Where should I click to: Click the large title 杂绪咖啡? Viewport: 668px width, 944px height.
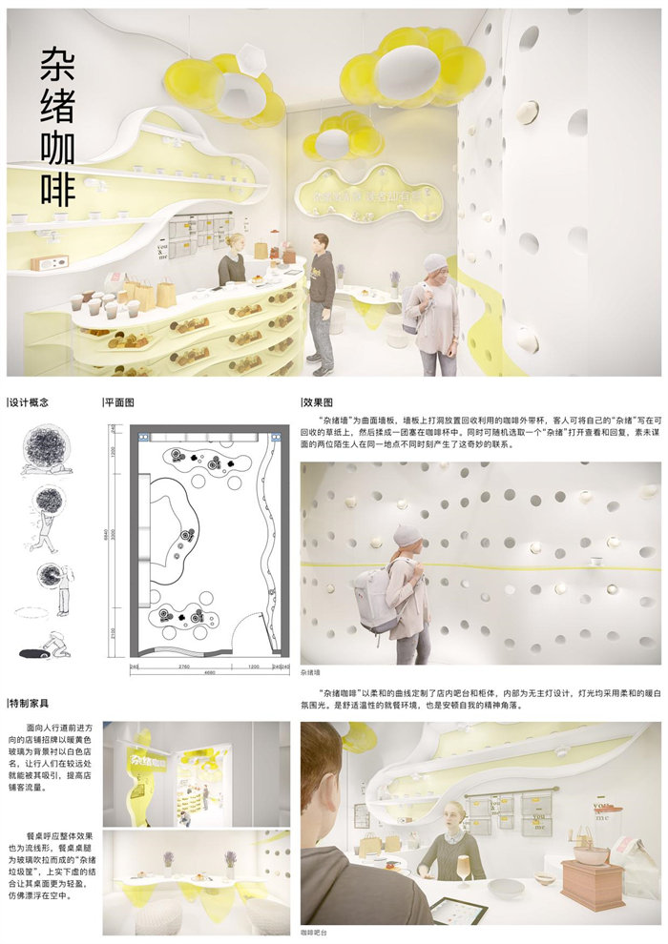coord(58,128)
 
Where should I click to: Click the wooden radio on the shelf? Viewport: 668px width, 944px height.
coord(45,263)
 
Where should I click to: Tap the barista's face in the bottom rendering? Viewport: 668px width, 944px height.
coord(452,815)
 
